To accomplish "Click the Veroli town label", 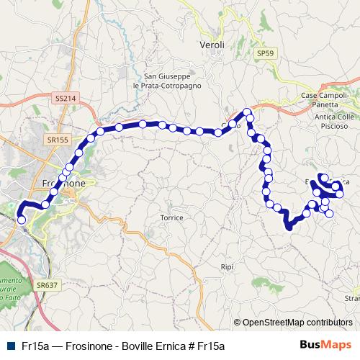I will [x=212, y=45].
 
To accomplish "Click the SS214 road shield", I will [x=65, y=97].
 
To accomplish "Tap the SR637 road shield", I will [x=45, y=285].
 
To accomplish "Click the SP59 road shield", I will [x=266, y=53].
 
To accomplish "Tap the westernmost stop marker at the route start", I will [x=21, y=220].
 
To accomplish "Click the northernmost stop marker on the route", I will [x=248, y=112].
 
